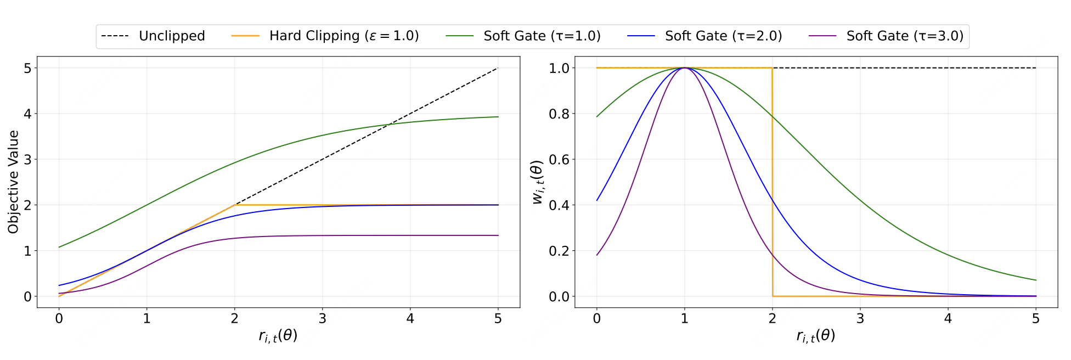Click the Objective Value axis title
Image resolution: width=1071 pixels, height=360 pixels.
(x=13, y=182)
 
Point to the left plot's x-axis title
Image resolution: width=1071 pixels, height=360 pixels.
(x=278, y=336)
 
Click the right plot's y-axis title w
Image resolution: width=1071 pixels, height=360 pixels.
(x=538, y=182)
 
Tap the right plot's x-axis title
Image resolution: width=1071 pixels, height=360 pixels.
(x=816, y=336)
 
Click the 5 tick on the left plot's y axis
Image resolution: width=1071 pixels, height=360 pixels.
(x=27, y=68)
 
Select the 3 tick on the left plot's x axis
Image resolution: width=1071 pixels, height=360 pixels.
(x=323, y=319)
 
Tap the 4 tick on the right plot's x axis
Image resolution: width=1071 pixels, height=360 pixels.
(x=948, y=319)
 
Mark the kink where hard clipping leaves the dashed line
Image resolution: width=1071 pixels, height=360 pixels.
(x=235, y=205)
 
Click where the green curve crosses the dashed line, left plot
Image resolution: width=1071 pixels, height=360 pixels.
(x=388, y=125)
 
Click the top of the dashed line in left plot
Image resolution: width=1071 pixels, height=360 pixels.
(x=498, y=68)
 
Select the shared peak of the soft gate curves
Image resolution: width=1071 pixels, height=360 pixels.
(x=685, y=68)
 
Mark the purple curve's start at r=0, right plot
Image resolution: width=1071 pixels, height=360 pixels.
(x=597, y=255)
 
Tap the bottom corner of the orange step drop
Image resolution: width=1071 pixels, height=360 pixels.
(x=773, y=296)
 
